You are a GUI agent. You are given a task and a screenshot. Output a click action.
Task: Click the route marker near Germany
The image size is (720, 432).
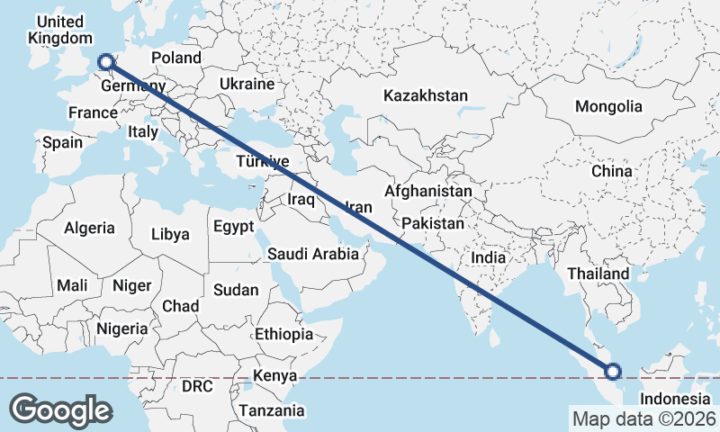click(105, 62)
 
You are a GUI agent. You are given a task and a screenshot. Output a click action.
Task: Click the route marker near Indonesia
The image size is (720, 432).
click(613, 371)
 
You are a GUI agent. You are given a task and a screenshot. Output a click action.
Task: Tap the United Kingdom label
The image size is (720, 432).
click(60, 30)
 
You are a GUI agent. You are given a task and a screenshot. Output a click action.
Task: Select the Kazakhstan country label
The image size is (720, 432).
click(426, 95)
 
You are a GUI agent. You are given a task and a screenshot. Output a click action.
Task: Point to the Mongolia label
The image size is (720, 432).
click(609, 106)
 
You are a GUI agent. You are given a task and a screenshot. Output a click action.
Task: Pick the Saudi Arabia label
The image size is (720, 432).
click(313, 254)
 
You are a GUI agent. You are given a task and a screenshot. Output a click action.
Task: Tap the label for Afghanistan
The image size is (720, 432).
click(428, 192)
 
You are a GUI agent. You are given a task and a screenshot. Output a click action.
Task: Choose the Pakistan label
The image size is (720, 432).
click(433, 223)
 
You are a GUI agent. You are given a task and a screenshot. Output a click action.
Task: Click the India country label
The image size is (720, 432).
click(489, 257)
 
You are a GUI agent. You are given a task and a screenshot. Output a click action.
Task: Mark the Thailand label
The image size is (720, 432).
click(598, 274)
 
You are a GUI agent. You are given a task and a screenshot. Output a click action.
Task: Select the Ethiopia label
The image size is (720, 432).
click(283, 334)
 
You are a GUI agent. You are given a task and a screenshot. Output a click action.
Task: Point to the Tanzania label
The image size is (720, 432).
click(272, 410)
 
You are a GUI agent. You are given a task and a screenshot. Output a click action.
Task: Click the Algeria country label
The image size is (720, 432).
click(89, 228)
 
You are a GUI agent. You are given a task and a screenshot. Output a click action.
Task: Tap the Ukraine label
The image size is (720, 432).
click(247, 84)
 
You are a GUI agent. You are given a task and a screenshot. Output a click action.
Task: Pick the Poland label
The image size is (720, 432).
click(176, 58)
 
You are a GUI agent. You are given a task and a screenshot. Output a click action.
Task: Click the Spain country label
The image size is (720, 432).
click(62, 142)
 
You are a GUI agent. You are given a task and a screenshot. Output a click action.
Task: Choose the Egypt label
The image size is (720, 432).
click(234, 227)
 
